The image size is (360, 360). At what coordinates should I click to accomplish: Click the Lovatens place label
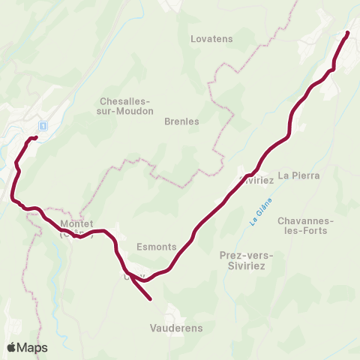point(212,38)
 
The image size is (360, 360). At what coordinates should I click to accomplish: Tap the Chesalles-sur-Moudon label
point(126,106)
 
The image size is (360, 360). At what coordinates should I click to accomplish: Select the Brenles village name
point(181,121)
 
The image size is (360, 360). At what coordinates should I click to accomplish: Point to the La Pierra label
point(298,175)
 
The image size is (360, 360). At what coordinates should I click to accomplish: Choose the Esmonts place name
point(157,246)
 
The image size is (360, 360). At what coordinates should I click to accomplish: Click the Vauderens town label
point(175,328)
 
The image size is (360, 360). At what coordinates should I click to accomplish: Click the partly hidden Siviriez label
point(256,180)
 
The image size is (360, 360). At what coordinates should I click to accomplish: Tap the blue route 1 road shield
point(43,125)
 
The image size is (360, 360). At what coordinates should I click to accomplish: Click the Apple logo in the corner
point(12,347)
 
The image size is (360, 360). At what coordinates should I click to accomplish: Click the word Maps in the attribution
point(33,347)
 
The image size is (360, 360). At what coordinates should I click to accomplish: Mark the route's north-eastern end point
point(348,33)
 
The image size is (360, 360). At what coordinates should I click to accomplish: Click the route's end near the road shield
point(35,138)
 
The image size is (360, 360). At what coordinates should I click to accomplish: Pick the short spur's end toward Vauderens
point(151,299)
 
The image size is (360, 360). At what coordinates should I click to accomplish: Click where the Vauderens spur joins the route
point(132,279)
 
